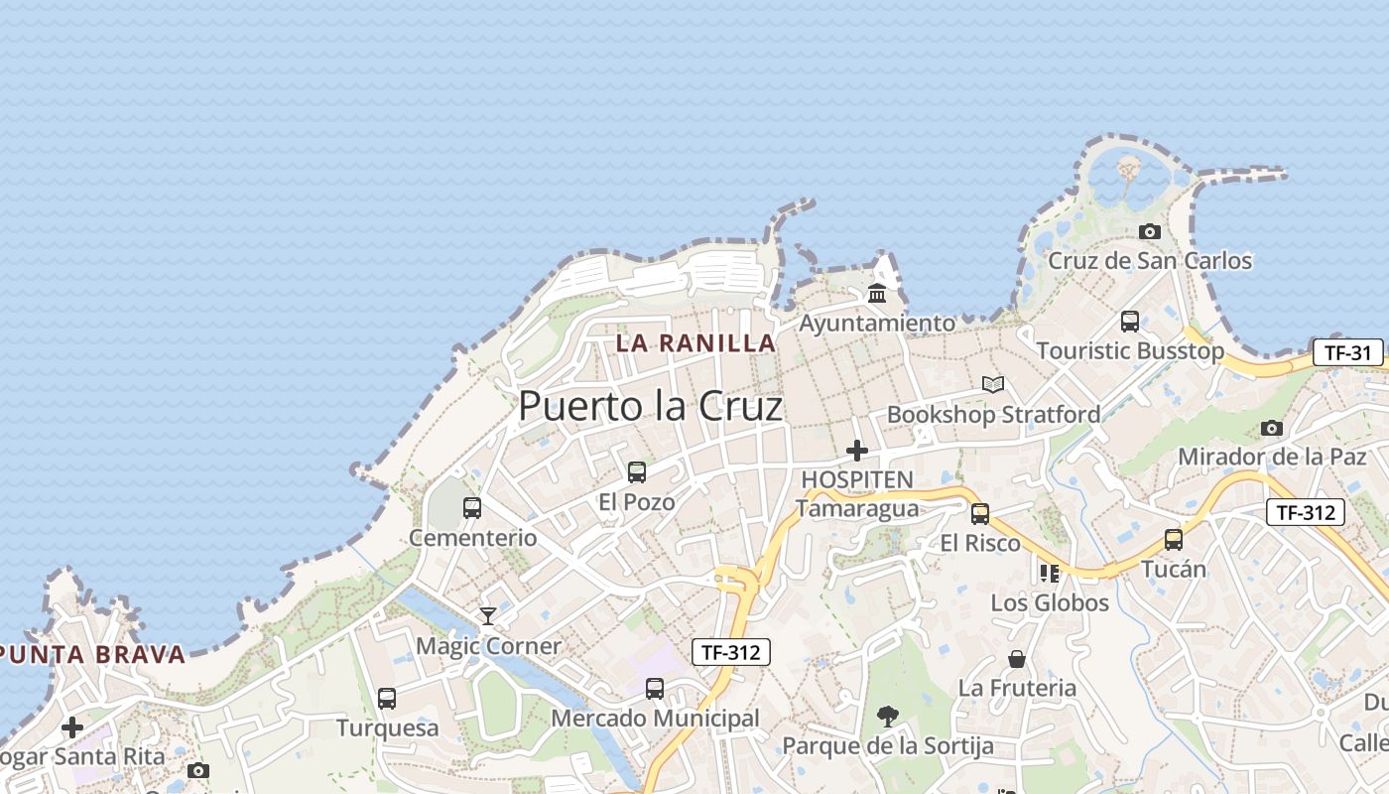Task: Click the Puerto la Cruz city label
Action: click(x=650, y=405)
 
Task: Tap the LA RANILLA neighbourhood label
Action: click(x=695, y=343)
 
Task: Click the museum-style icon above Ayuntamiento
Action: click(x=877, y=293)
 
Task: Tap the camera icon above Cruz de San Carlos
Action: click(x=1150, y=231)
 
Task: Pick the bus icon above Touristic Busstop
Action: click(x=1130, y=321)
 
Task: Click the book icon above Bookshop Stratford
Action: click(x=993, y=384)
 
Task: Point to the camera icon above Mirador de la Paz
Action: click(x=1272, y=428)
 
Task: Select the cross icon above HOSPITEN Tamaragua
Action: click(x=857, y=451)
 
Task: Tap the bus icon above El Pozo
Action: click(x=637, y=472)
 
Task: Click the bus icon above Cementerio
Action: click(x=472, y=508)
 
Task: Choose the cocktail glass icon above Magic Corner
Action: click(x=488, y=616)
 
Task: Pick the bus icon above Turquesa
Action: click(x=387, y=698)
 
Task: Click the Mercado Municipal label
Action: click(x=655, y=718)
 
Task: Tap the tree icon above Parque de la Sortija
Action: click(x=888, y=716)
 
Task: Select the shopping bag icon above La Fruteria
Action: click(x=1017, y=658)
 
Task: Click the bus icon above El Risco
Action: click(x=980, y=513)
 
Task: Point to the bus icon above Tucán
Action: click(x=1174, y=540)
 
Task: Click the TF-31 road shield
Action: click(x=1347, y=352)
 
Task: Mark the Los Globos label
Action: click(x=1050, y=602)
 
